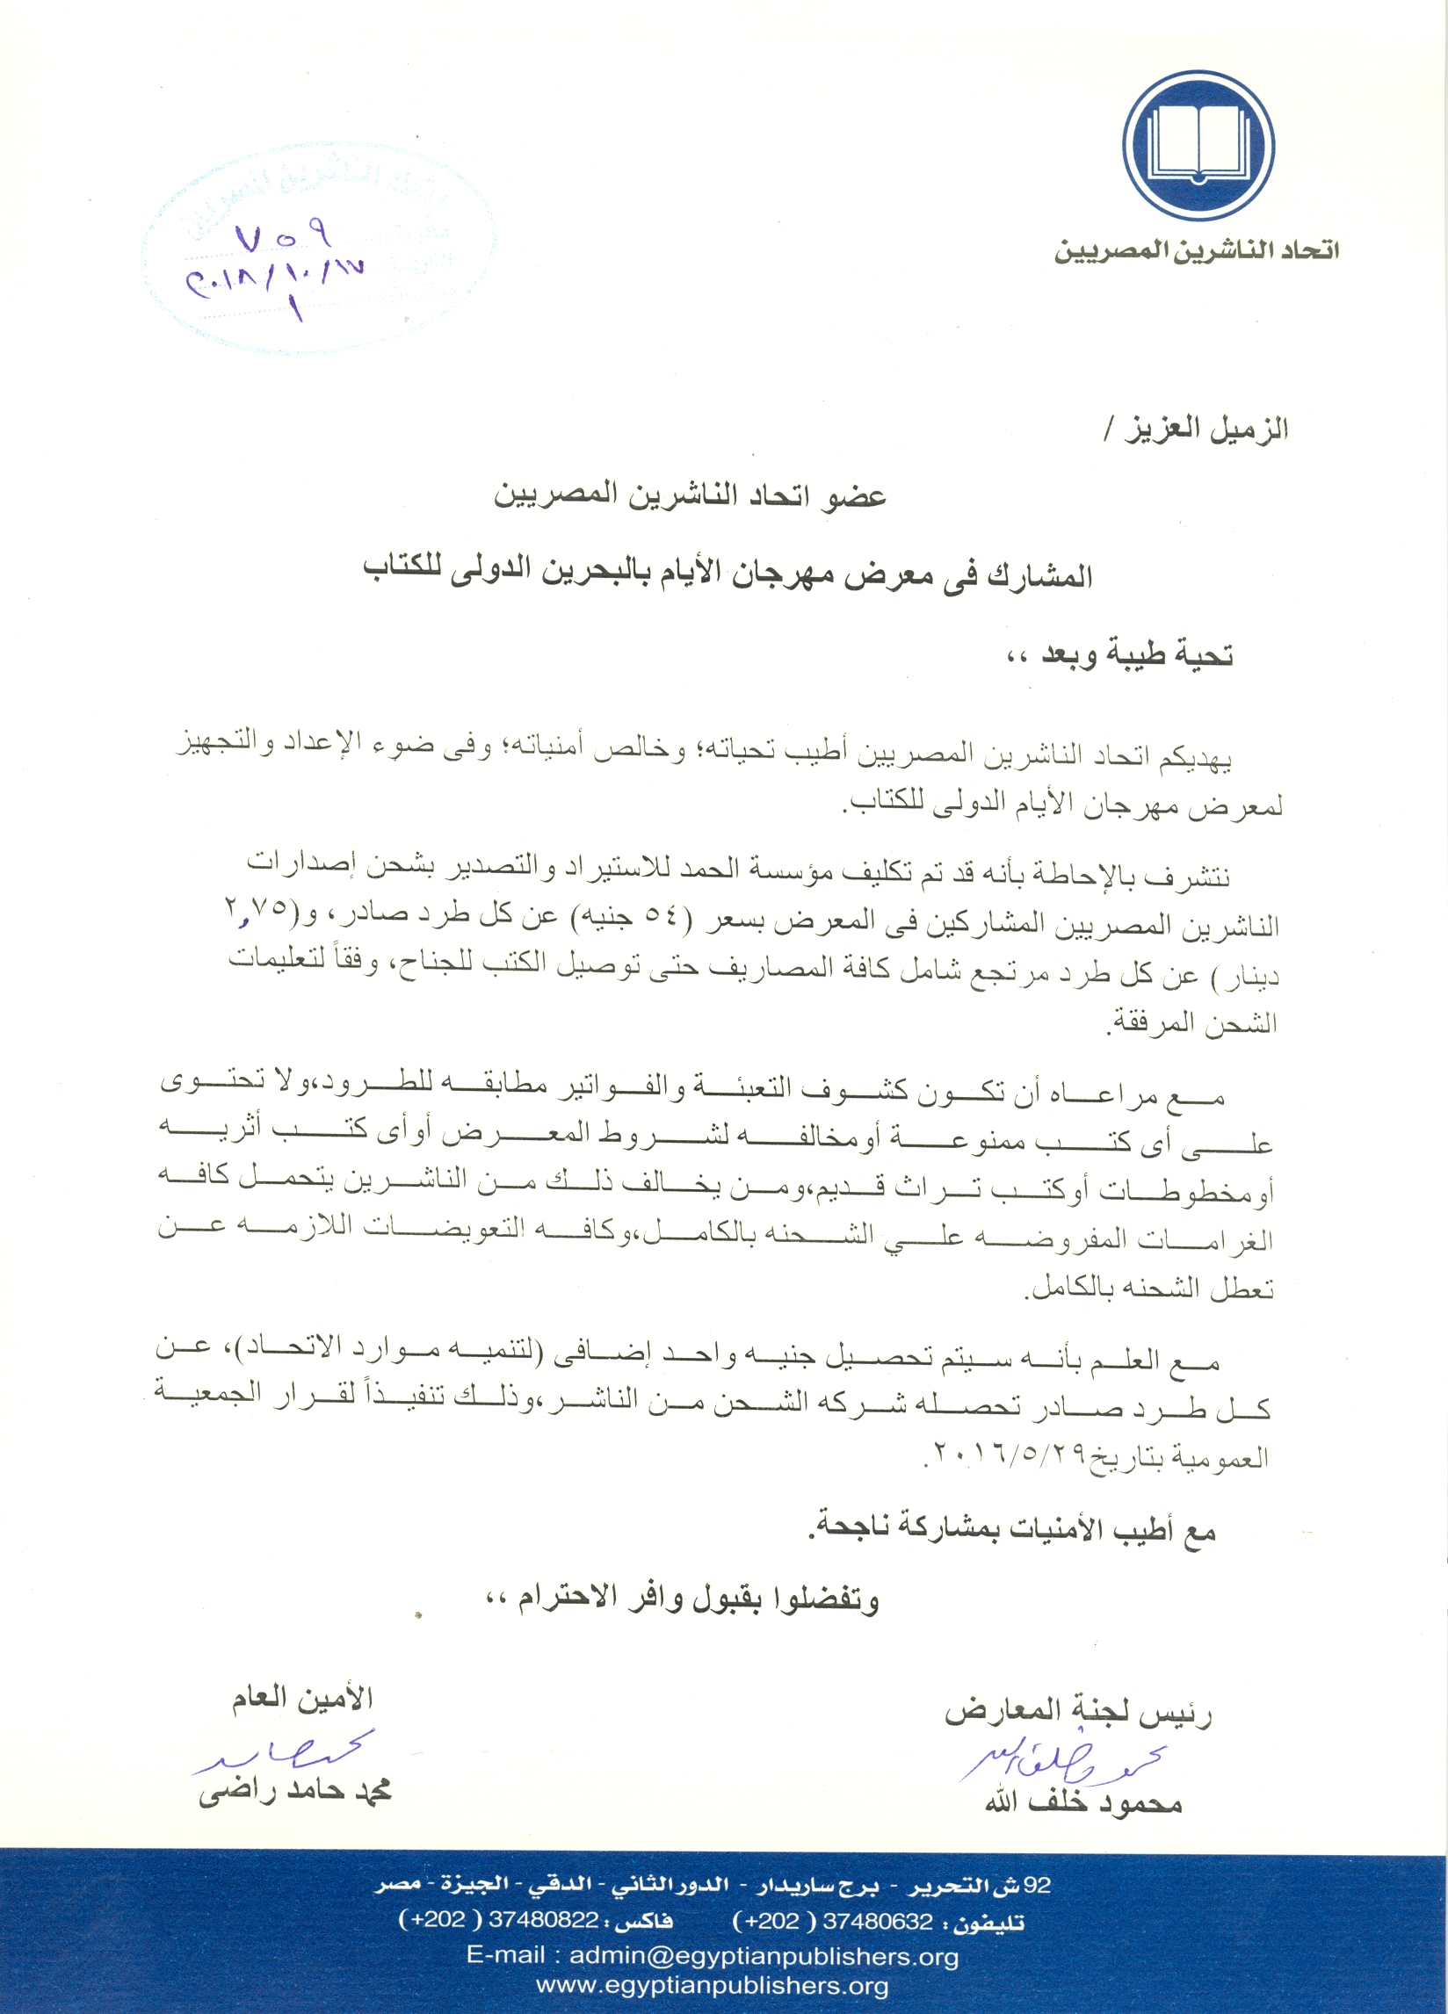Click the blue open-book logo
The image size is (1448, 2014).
tap(1198, 146)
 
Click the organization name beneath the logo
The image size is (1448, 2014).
tap(1196, 250)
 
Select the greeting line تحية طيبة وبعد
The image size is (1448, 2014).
tap(1119, 654)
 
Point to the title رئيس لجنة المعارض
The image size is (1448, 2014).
tap(1077, 1711)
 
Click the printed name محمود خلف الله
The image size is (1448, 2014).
tap(1082, 1801)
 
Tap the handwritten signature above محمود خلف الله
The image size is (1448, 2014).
tap(1061, 1758)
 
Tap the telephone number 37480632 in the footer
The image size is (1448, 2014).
tap(878, 1922)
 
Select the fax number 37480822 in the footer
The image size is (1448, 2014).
tap(543, 1919)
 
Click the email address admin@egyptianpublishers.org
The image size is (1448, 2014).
tap(713, 1955)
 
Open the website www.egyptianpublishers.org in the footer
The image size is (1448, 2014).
tap(713, 1986)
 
